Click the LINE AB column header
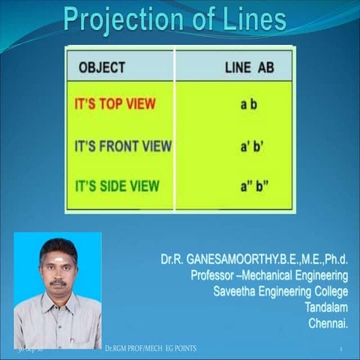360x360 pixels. tap(249, 67)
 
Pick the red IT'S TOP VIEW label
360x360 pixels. tap(115, 104)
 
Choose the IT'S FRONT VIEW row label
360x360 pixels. tap(123, 145)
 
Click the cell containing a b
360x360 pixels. tap(248, 104)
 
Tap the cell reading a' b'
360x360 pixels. tap(249, 145)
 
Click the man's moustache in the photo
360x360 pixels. tap(58, 283)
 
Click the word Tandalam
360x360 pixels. tap(327, 307)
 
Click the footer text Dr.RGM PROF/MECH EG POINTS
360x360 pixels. tap(150, 349)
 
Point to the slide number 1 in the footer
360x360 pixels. tap(340, 350)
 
